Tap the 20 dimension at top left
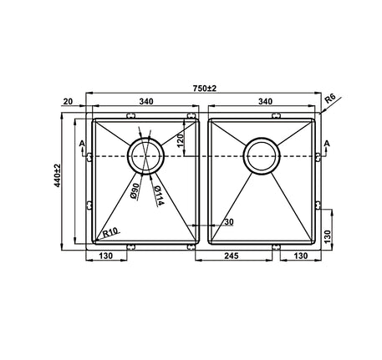coord(68,102)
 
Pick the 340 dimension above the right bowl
coord(265,102)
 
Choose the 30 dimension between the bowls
coord(227,222)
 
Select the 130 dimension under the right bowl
coord(299,258)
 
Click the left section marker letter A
coord(81,145)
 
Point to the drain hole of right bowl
coord(262,156)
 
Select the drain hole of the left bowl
coord(145,156)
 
